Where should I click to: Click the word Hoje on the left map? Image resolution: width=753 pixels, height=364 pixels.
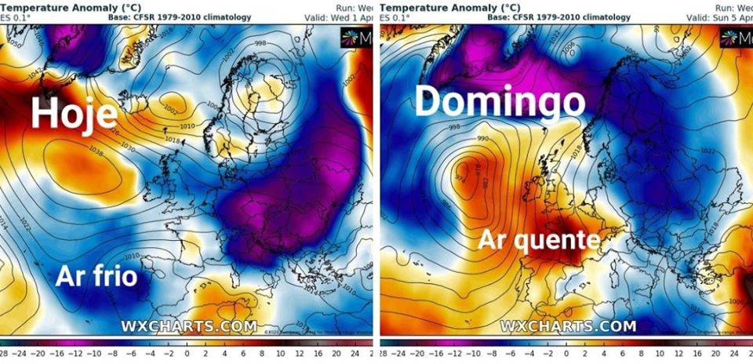(x=74, y=113)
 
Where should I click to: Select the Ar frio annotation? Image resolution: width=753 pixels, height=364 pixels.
(x=96, y=276)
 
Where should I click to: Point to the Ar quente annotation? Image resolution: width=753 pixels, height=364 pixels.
(x=540, y=239)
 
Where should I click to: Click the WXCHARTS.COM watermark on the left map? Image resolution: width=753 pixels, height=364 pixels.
(x=188, y=326)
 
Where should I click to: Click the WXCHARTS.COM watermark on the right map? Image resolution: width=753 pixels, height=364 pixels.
(x=568, y=326)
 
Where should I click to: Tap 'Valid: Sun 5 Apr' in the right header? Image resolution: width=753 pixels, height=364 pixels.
(x=718, y=17)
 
